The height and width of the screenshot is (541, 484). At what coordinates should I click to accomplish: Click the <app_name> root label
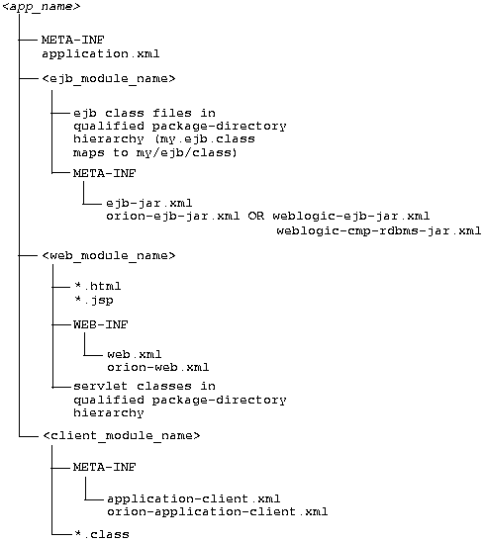click(x=42, y=8)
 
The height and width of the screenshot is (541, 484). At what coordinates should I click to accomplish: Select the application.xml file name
click(x=101, y=53)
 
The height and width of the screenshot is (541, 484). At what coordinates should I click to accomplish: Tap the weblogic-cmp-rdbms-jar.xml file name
click(x=378, y=230)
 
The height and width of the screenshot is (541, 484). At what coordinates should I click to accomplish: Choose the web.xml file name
click(x=133, y=353)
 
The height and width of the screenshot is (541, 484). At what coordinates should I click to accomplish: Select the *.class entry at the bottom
click(x=101, y=534)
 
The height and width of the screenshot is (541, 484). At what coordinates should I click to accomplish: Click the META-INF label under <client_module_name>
click(x=105, y=466)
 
